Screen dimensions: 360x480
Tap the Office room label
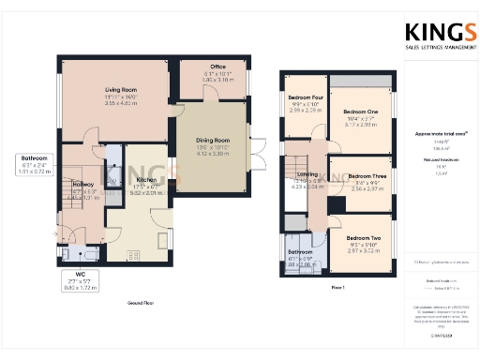pyautogui.click(x=217, y=67)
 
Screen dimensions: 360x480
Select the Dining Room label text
pyautogui.click(x=216, y=140)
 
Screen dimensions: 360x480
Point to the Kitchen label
pyautogui.click(x=145, y=179)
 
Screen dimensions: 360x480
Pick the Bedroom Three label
pyautogui.click(x=360, y=175)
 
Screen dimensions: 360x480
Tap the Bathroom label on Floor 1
pyautogui.click(x=300, y=252)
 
